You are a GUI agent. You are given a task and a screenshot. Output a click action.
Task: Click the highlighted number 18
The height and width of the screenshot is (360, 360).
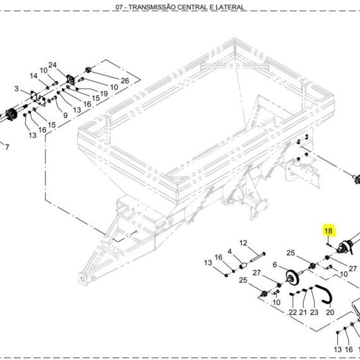(328, 231)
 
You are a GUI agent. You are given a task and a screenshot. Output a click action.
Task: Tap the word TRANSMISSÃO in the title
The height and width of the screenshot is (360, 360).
(152, 7)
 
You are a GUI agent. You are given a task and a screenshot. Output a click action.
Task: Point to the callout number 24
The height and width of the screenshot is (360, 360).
(52, 65)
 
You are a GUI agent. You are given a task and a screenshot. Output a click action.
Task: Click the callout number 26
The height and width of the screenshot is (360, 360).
(125, 81)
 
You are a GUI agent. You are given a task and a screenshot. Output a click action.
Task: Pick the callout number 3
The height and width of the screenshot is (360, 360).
(16, 88)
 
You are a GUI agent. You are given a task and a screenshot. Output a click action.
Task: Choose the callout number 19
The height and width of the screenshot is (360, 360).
(104, 93)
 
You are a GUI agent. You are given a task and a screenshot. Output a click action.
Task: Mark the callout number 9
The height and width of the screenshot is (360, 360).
(66, 115)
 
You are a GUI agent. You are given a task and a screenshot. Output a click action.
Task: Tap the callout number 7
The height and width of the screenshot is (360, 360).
(7, 147)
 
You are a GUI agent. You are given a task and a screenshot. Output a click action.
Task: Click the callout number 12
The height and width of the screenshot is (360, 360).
(243, 243)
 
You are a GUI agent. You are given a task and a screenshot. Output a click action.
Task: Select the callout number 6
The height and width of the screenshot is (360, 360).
(275, 265)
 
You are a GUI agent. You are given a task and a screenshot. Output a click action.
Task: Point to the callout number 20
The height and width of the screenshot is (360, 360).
(330, 312)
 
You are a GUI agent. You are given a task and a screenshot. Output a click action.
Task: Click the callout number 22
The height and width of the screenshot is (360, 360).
(292, 312)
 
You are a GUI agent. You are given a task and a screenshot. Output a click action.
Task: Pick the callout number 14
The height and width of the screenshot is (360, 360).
(33, 76)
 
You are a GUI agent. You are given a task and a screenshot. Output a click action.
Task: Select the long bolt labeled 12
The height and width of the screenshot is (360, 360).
(258, 257)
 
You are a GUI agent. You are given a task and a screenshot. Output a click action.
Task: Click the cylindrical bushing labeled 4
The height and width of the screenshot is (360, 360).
(243, 266)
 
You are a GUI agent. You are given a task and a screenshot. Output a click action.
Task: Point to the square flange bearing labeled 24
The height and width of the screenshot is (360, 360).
(71, 80)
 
